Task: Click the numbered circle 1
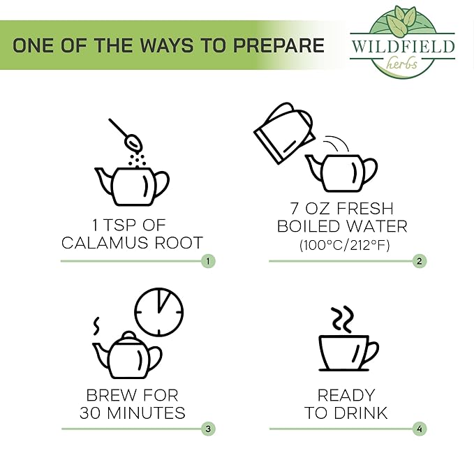coord(208,261)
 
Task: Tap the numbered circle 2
coord(420,261)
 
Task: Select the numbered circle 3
coord(208,429)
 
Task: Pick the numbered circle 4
coord(420,429)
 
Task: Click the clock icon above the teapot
coord(158,311)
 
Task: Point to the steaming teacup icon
coord(348,339)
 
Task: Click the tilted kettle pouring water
coord(284,133)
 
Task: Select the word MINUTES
coord(147,413)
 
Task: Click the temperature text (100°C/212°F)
coord(345,245)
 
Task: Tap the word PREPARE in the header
coord(279,45)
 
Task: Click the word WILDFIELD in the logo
coord(403,47)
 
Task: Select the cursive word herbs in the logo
coord(402,64)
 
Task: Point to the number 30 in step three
coord(90,413)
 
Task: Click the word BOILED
coord(309,226)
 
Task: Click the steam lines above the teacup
coord(343,320)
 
